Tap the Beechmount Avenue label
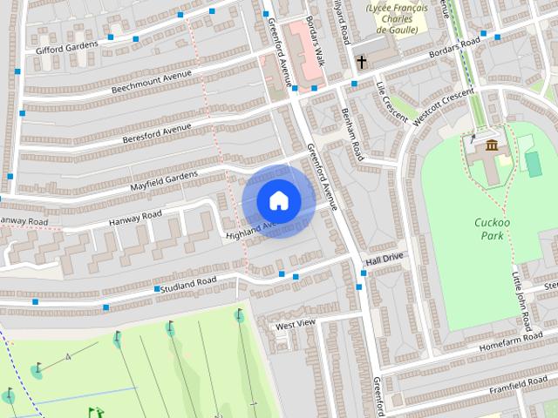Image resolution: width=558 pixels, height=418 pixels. click(x=151, y=83)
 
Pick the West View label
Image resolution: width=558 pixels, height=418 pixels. click(x=295, y=325)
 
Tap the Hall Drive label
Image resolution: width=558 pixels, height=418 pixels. click(x=384, y=260)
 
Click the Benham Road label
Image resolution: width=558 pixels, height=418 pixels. click(x=351, y=136)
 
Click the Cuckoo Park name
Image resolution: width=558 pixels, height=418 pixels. click(x=491, y=229)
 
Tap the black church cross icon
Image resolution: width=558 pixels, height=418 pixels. click(x=361, y=62)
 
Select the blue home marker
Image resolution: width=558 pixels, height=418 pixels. click(x=278, y=201)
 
